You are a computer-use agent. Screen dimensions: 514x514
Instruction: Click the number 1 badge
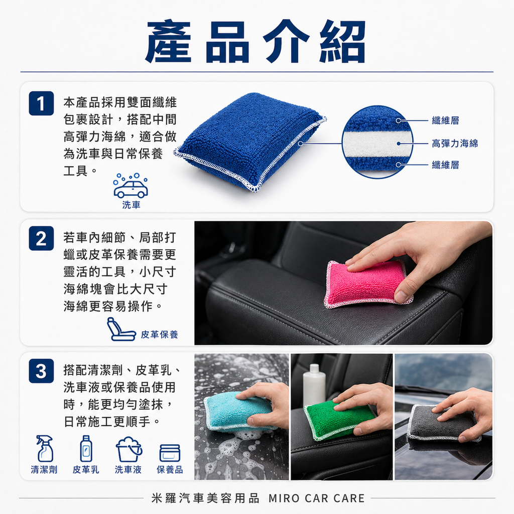tap(41, 103)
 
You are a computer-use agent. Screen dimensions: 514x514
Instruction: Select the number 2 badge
tap(41, 238)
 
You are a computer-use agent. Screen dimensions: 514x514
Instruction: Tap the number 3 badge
tap(41, 371)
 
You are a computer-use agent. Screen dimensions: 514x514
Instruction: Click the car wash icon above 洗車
tap(131, 186)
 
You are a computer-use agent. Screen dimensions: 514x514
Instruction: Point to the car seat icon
tap(120, 329)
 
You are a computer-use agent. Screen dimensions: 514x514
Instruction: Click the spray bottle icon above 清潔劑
tap(45, 449)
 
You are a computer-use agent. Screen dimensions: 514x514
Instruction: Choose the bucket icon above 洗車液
tap(128, 449)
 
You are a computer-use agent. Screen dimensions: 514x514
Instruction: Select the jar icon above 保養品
tap(170, 453)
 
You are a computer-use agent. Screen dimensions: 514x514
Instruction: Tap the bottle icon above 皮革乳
tap(86, 448)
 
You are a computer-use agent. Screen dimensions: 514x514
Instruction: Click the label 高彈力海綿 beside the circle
tap(455, 143)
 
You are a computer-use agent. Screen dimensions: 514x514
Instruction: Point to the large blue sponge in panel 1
tap(250, 142)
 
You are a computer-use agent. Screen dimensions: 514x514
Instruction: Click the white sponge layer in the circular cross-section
tap(377, 144)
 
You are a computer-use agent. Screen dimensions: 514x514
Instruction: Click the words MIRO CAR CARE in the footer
tap(316, 498)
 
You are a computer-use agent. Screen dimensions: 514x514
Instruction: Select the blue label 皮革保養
tap(159, 334)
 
